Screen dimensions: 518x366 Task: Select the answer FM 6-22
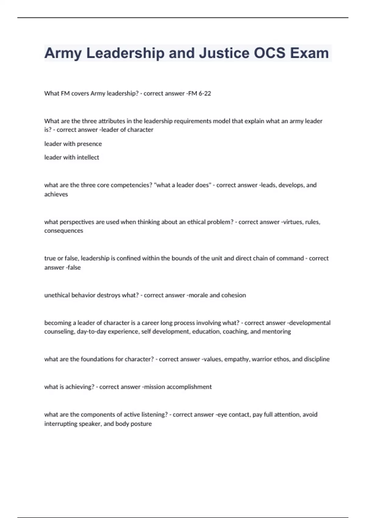point(199,93)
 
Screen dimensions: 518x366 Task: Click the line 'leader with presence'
point(73,144)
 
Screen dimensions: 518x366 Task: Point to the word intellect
point(89,157)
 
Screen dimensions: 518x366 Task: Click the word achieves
point(56,194)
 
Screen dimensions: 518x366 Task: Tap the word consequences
point(63,231)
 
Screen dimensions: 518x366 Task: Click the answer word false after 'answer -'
point(74,268)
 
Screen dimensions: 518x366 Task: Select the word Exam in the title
point(309,53)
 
